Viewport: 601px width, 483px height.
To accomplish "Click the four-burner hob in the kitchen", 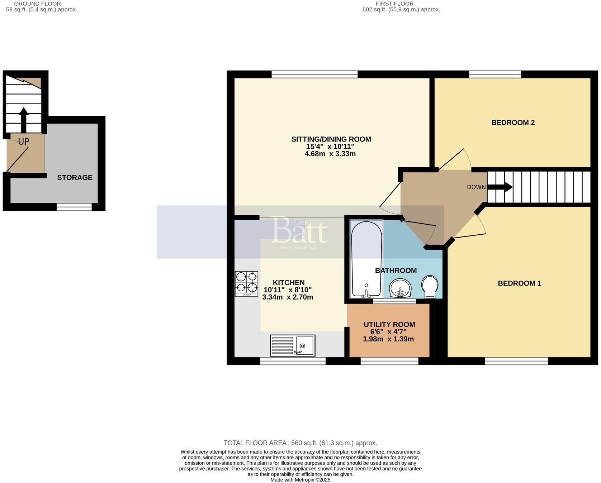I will tap(246, 283).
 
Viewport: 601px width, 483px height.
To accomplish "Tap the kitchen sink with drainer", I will tap(292, 345).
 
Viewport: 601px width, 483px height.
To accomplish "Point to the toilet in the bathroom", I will tap(429, 287).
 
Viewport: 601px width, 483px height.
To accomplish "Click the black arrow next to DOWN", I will tap(500, 187).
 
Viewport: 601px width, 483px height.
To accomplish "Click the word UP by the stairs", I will tap(24, 142).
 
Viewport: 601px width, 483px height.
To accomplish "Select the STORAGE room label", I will tap(75, 178).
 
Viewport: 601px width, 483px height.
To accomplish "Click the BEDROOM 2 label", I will tap(512, 123).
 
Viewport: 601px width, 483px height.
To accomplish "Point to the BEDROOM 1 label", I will tap(519, 283).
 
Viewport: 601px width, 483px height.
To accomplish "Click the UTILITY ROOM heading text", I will tap(389, 324).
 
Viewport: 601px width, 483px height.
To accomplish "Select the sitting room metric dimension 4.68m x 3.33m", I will tap(330, 154).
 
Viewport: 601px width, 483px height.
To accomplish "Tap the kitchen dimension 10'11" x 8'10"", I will tap(288, 290).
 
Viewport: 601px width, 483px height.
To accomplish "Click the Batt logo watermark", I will tap(299, 231).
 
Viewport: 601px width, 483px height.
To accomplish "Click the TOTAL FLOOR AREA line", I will tap(300, 443).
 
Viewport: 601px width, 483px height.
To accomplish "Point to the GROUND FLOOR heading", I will tap(37, 4).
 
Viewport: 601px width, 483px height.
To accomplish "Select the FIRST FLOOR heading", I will tap(394, 4).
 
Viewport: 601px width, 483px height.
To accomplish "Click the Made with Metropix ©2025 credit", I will tap(300, 480).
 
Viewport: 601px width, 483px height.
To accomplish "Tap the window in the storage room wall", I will tap(74, 207).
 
